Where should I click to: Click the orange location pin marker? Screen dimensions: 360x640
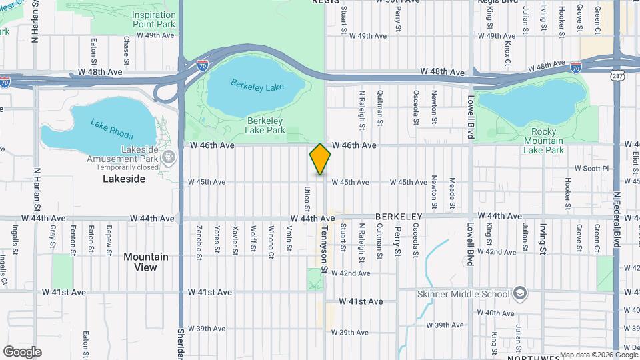click(320, 159)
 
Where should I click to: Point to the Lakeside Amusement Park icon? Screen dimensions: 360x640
click(169, 158)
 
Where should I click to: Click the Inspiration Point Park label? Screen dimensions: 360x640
click(153, 19)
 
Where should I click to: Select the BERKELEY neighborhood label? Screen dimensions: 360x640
click(399, 217)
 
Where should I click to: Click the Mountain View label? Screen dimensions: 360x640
click(145, 262)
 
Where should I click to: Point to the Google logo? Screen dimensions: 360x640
click(22, 351)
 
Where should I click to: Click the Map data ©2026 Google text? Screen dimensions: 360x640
click(599, 355)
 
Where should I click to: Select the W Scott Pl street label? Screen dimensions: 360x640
click(592, 169)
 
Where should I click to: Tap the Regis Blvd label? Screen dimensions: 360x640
click(498, 2)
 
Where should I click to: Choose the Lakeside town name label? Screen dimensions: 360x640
click(123, 179)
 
